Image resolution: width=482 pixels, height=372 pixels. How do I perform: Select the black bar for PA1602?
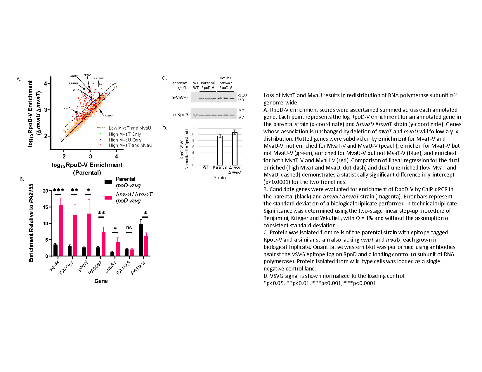141,240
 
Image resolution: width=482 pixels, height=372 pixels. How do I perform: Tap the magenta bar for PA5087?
103,244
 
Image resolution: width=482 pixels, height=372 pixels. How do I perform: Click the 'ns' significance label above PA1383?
129,228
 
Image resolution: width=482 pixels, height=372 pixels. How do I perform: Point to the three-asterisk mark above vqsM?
58,191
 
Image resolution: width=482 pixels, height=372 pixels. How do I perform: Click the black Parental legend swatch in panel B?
108,182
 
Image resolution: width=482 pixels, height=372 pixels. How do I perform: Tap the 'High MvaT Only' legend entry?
125,134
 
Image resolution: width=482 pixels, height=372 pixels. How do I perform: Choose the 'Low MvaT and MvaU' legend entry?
130,128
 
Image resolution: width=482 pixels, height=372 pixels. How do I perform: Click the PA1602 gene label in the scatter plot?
108,116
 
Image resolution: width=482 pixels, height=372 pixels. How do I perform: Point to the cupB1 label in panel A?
68,108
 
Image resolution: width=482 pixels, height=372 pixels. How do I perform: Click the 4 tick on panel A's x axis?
117,157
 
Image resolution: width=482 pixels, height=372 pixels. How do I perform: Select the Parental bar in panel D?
220,151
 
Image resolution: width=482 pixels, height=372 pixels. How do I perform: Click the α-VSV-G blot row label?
180,97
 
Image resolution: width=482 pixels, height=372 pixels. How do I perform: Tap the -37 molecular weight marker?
241,118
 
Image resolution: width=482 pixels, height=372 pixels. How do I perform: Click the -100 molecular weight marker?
242,95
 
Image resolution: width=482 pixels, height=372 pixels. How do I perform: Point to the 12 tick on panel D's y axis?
192,128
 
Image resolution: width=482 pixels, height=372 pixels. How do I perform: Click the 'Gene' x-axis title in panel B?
101,281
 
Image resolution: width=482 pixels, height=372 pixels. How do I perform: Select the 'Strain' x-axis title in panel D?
220,178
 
